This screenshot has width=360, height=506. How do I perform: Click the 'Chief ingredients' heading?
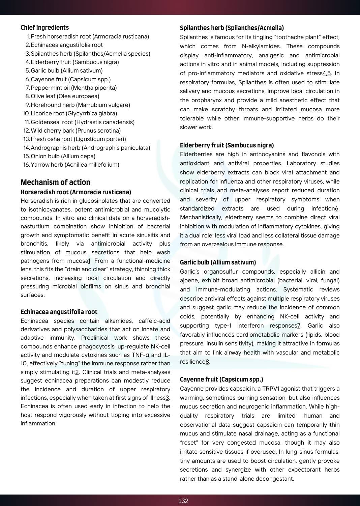click(x=44, y=28)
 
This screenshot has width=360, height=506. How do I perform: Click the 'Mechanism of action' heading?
click(x=55, y=182)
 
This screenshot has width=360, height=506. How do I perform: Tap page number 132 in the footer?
click(x=183, y=501)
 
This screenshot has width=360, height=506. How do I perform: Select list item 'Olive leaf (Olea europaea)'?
click(x=65, y=96)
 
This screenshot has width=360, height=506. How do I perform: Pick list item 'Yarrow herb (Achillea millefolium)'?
click(x=75, y=165)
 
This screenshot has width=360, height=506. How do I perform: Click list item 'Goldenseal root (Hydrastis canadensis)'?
click(x=83, y=122)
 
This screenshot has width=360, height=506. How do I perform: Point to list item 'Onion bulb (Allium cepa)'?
click(x=63, y=156)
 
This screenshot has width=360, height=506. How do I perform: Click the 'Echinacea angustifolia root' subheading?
click(x=59, y=312)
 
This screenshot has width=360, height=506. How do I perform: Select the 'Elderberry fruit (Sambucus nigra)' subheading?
click(x=227, y=145)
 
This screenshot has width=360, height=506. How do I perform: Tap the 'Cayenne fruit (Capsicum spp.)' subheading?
click(x=221, y=379)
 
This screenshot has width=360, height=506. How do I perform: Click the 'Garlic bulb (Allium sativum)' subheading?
click(x=218, y=262)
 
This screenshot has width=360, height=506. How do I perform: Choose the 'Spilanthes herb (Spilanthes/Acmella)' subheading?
click(x=232, y=28)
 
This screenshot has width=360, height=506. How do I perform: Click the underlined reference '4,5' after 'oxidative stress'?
click(x=327, y=73)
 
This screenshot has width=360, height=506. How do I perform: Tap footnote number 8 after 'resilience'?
click(x=207, y=362)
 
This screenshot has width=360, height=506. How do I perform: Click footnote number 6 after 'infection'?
click(x=336, y=208)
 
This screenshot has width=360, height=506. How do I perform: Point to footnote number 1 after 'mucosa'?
click(x=89, y=261)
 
